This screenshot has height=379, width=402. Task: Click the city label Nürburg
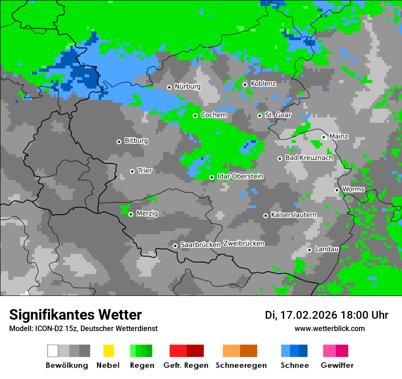click(x=187, y=87)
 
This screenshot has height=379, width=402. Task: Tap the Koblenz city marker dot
click(x=245, y=84)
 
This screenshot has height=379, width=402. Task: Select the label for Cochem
click(x=214, y=116)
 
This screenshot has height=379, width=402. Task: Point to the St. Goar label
click(x=278, y=116)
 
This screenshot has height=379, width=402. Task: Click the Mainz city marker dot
click(x=323, y=137)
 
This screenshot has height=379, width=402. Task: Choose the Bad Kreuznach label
click(x=309, y=158)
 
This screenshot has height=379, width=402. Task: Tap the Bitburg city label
click(x=136, y=141)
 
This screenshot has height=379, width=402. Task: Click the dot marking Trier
click(x=132, y=171)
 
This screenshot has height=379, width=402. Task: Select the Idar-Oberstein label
click(x=240, y=177)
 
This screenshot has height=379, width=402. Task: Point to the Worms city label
click(x=353, y=189)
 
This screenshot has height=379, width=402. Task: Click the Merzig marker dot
click(x=131, y=214)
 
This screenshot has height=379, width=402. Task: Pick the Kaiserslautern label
click(x=293, y=215)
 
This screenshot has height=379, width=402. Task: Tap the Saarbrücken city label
click(x=201, y=245)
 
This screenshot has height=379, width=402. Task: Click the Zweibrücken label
click(x=243, y=244)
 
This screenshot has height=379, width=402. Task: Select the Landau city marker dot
click(x=309, y=250)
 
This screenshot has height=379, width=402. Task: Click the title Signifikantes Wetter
click(x=75, y=315)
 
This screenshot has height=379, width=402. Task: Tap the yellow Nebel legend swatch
click(x=108, y=351)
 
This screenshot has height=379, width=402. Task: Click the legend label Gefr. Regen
click(x=186, y=365)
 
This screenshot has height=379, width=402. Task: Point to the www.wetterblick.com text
click(x=329, y=329)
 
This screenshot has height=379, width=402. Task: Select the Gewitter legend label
click(x=337, y=365)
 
